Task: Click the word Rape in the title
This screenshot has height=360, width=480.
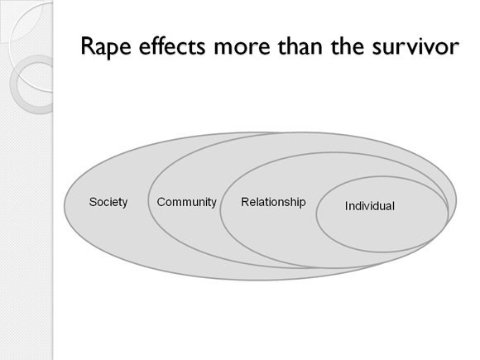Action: pos(106,47)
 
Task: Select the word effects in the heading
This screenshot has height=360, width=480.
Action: pos(172,46)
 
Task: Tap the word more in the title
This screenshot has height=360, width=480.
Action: pos(242,48)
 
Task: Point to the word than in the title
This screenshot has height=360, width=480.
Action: pos(300,46)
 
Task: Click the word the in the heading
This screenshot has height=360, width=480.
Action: pos(347,46)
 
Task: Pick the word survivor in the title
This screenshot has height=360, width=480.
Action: pos(415,47)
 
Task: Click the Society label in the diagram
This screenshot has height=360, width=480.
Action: pos(108,203)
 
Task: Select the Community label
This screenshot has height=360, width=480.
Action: pos(187,203)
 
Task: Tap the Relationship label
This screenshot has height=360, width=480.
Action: pos(273,203)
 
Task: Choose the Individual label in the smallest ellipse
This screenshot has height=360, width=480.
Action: pos(370,206)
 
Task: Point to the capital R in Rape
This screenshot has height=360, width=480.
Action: pos(89,46)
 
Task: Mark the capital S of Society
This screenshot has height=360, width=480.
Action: pos(93,202)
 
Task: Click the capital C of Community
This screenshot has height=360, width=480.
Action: pos(161,202)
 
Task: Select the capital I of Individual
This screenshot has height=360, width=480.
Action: pos(346,206)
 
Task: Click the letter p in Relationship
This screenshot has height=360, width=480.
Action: pos(302,204)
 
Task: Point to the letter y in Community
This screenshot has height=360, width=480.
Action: pos(214,204)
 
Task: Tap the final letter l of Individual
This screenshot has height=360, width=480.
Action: pos(393,206)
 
